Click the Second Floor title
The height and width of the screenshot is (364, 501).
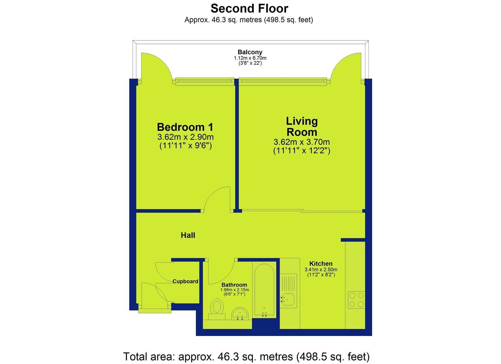[x=249, y=8]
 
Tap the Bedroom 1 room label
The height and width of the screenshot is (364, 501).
[x=185, y=127]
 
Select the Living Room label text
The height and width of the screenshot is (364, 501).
[x=302, y=126]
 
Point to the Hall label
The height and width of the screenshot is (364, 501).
[x=188, y=235]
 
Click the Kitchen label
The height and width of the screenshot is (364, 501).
[x=321, y=264]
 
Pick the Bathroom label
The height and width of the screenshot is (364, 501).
[x=234, y=285]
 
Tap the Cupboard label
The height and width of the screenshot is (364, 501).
[x=185, y=281]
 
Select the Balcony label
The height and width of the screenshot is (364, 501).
[x=250, y=52]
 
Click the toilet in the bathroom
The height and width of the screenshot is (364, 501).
[x=217, y=309]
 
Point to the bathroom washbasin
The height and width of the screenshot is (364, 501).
[x=240, y=313]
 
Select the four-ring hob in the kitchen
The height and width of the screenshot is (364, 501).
[x=357, y=300]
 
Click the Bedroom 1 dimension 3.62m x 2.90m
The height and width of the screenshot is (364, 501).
[x=186, y=137]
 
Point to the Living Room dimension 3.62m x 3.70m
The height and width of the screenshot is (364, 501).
[x=302, y=142]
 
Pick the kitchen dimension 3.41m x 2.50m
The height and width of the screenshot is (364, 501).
[x=321, y=270]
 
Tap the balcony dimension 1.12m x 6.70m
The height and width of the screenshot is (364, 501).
[x=250, y=58]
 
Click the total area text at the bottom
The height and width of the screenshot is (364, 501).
[x=247, y=357]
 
